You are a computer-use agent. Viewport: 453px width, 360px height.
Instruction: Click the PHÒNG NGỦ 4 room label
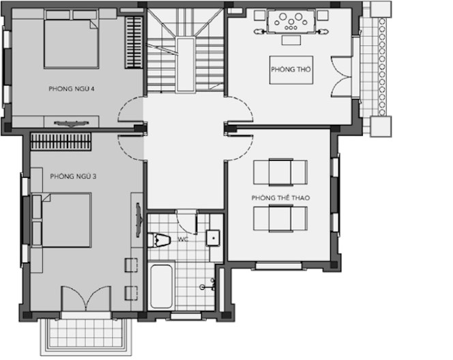tap(72, 89)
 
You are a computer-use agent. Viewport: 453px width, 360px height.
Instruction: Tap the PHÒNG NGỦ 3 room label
tap(73, 176)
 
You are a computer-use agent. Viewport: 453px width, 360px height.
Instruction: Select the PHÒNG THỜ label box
tap(291, 70)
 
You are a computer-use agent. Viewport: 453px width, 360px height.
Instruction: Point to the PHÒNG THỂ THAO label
tap(281, 198)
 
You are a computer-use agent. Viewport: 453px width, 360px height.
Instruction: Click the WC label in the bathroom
tap(183, 239)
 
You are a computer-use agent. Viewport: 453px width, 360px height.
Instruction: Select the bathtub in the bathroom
tap(162, 286)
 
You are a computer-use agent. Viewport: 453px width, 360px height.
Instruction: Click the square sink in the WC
tap(213, 238)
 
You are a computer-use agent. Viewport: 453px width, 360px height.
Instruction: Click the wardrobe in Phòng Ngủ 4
tap(134, 42)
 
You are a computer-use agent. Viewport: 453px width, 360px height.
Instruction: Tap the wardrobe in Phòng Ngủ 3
tap(61, 141)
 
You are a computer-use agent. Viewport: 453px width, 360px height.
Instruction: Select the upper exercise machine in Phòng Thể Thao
tap(280, 172)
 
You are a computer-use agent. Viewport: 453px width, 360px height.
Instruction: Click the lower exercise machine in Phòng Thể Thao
tap(280, 218)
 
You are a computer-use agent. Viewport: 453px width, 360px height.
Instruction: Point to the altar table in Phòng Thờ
tap(291, 22)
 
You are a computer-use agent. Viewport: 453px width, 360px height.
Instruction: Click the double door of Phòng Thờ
tap(341, 76)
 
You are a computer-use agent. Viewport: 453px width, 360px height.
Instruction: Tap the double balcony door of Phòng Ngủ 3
tap(86, 299)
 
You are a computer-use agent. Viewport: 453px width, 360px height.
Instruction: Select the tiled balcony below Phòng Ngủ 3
tap(86, 336)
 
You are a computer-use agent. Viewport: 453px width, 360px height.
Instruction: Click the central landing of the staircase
tap(185, 65)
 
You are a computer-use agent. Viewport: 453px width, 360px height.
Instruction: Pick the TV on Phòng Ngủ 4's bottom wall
tap(72, 124)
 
